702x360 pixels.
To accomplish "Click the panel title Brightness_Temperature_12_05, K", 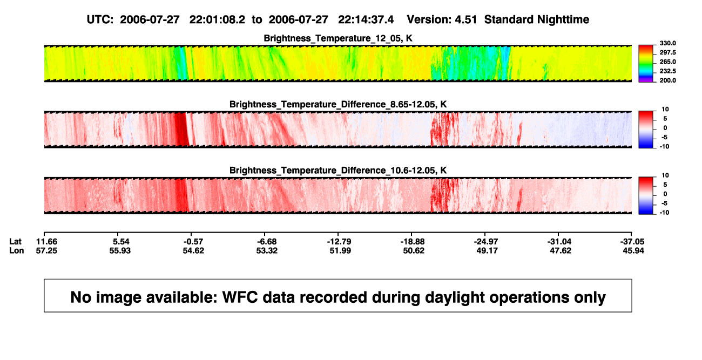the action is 338,38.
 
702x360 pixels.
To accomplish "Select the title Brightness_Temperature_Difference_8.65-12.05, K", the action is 338,104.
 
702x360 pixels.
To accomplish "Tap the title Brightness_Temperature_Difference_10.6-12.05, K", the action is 338,171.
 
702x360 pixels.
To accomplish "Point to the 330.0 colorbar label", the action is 667,43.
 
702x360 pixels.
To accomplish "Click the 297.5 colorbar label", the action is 667,52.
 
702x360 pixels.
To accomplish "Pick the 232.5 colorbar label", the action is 667,71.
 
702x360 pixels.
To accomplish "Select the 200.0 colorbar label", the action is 667,80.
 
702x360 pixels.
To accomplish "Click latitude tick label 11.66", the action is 46,242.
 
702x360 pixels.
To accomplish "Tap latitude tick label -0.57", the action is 193,242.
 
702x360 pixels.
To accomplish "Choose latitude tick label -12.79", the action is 339,242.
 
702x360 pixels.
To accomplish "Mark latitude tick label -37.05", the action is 632,242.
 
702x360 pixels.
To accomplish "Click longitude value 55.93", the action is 120,250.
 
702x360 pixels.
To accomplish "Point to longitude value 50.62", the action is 414,250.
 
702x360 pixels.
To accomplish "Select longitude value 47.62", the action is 561,250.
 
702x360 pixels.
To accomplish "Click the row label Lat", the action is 15,242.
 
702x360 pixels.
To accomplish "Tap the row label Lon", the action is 17,250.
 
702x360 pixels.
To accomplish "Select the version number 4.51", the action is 465,20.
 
